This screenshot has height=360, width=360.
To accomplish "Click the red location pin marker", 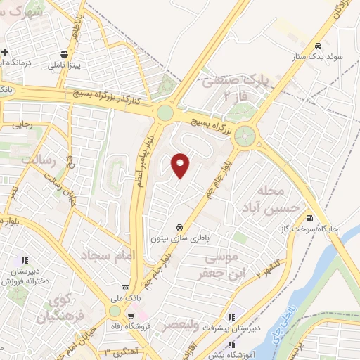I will pyautogui.click(x=181, y=165).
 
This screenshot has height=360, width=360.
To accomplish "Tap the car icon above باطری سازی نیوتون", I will pyautogui.click(x=180, y=227).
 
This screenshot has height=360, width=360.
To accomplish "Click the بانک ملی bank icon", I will pyautogui.click(x=126, y=287).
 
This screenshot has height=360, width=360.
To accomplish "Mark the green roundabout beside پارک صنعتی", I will pyautogui.click(x=245, y=135).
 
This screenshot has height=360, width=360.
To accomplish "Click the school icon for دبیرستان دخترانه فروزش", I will pyautogui.click(x=26, y=261).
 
